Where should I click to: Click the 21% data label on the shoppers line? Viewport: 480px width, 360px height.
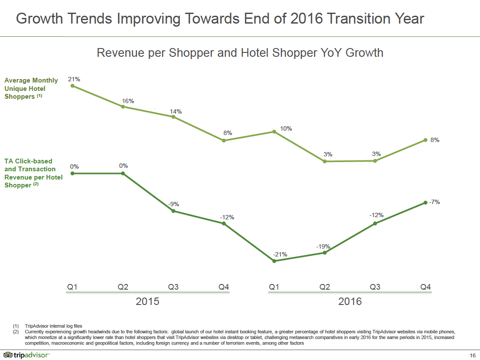[x=74, y=79]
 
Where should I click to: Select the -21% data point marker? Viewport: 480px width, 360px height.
[x=274, y=261]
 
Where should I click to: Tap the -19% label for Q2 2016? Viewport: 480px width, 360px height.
[x=323, y=247]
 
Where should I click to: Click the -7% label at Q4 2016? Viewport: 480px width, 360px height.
[x=434, y=202]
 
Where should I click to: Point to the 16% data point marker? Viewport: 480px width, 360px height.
[x=123, y=107]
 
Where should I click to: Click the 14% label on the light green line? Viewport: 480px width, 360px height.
[x=176, y=111]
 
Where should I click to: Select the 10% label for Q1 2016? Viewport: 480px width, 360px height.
[x=286, y=128]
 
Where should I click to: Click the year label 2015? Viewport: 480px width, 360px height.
[x=147, y=301]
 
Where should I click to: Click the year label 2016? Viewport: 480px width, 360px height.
[x=350, y=301]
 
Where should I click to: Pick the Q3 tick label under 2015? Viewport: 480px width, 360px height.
[x=173, y=287]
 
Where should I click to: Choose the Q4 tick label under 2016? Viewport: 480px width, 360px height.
[x=425, y=287]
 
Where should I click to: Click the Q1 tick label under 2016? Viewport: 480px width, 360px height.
[x=274, y=287]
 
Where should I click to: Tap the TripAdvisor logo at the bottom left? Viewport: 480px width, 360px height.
[x=26, y=355]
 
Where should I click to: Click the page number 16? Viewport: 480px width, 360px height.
[x=473, y=355]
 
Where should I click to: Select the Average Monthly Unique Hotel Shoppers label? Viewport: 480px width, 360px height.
[x=31, y=88]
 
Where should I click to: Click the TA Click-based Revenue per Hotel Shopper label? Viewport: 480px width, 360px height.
[x=33, y=173]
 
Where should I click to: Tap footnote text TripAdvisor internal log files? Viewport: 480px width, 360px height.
[x=53, y=326]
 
